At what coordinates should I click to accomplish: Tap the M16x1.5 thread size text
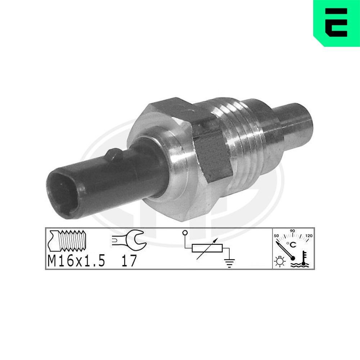tap(76, 261)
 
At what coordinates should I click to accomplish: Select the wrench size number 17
tap(129, 261)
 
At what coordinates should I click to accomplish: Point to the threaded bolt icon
tap(68, 241)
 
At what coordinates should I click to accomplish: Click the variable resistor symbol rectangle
tap(207, 248)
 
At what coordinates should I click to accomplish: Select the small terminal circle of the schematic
tap(185, 233)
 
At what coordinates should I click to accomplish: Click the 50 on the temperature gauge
tap(277, 236)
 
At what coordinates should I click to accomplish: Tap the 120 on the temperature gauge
tap(308, 236)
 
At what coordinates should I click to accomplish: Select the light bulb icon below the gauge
tap(279, 261)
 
